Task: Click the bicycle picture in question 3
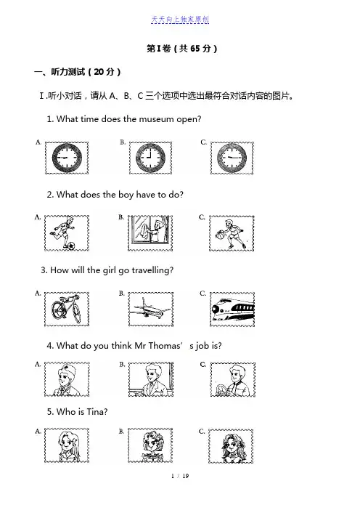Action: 66,308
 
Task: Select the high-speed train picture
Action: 233,309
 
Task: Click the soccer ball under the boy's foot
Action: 70,246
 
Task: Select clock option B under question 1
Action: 150,158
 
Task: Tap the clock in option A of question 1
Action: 67,158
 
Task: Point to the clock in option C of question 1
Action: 232,158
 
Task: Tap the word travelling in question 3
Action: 152,270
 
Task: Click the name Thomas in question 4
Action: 165,345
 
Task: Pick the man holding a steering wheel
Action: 233,379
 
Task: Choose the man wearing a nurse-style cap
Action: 66,379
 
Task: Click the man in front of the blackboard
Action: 150,379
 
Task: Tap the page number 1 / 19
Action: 180,476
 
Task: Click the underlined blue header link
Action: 180,20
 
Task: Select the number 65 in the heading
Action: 195,49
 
